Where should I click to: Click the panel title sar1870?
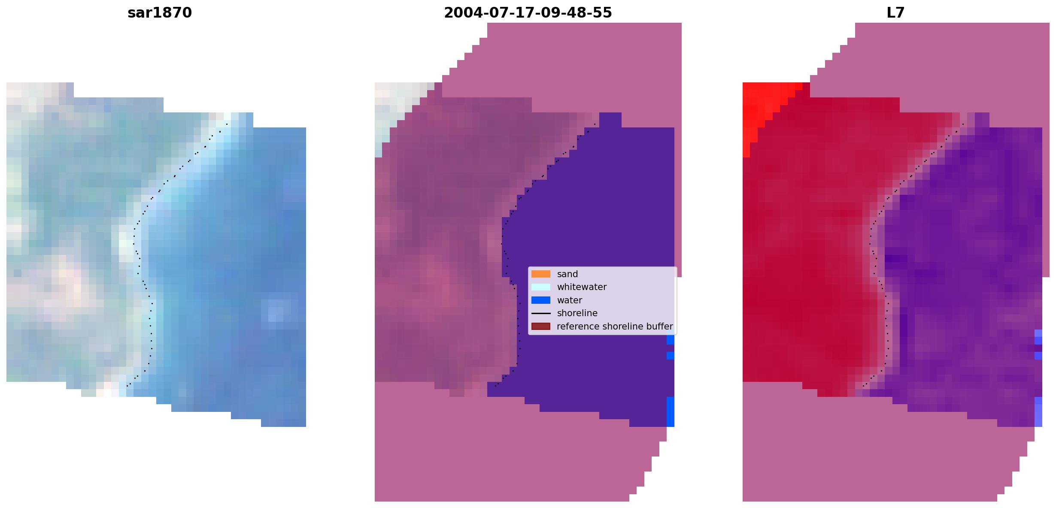coord(160,13)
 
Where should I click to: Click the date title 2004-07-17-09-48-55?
coord(528,13)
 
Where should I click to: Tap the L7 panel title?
coord(895,13)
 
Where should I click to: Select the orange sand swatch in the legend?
coord(541,274)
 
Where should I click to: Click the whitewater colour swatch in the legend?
coord(541,287)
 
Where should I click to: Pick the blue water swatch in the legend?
coord(541,300)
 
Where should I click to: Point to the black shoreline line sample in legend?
coord(541,314)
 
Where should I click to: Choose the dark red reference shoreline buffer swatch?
coord(541,327)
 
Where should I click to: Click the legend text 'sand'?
coord(567,274)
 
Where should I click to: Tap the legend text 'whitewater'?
coord(582,287)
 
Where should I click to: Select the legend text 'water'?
coord(570,300)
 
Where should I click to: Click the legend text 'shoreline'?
coord(577,313)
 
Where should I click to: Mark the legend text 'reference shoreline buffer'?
coord(615,327)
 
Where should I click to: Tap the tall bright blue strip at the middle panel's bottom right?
coord(670,412)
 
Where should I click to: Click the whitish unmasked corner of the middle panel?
coord(393,109)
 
